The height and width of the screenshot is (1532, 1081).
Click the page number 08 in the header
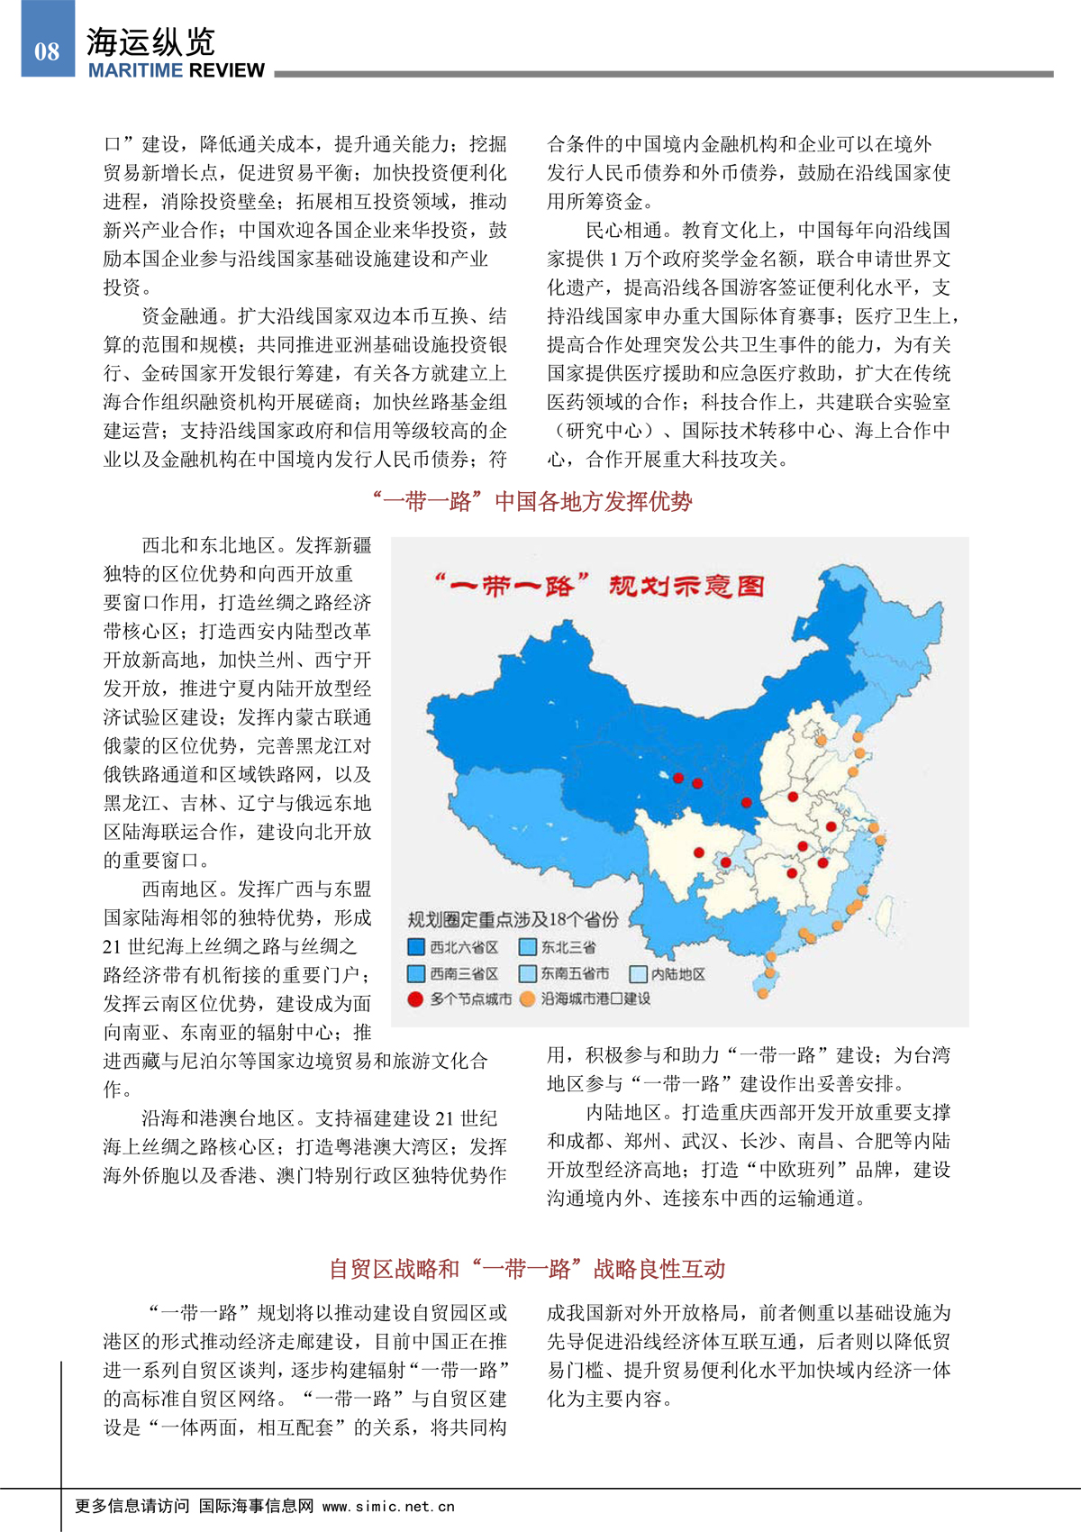click(x=47, y=51)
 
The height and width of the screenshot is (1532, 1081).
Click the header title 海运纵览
click(x=151, y=42)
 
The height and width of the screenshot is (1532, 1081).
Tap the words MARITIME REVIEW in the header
click(x=177, y=71)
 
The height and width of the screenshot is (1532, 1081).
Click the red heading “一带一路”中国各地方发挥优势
click(x=531, y=502)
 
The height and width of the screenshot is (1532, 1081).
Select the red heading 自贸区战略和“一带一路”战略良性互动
click(x=527, y=1269)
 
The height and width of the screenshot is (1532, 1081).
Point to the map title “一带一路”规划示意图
click(x=599, y=587)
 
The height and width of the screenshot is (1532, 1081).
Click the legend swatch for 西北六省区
click(x=416, y=947)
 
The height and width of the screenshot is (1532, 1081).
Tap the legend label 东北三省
click(x=568, y=947)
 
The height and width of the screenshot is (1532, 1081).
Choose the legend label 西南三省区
click(x=463, y=974)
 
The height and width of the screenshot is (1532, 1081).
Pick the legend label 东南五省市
click(x=575, y=974)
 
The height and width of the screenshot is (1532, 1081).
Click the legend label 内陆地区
click(x=677, y=974)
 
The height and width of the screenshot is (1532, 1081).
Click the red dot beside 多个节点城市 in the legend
click(x=415, y=999)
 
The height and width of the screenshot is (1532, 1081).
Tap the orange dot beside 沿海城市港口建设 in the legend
click(x=528, y=999)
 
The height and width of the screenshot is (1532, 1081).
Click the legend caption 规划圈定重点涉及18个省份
click(x=513, y=919)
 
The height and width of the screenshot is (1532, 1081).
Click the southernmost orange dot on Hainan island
click(x=763, y=993)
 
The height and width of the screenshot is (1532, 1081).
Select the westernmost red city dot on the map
click(x=678, y=778)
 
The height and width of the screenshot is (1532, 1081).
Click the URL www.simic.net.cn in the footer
click(x=388, y=1506)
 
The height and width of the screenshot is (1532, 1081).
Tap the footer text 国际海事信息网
click(x=256, y=1506)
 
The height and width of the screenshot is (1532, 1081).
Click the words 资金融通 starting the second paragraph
click(x=180, y=316)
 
